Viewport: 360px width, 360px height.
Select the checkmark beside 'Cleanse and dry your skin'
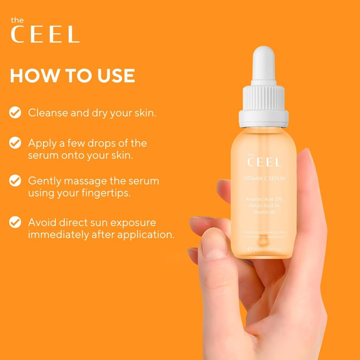[16, 112]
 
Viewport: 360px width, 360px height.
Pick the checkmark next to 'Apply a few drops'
[16, 143]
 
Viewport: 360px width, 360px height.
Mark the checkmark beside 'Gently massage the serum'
[16, 181]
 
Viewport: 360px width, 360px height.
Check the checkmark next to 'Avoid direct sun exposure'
[16, 222]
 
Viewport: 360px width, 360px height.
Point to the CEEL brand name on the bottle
[265, 162]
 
